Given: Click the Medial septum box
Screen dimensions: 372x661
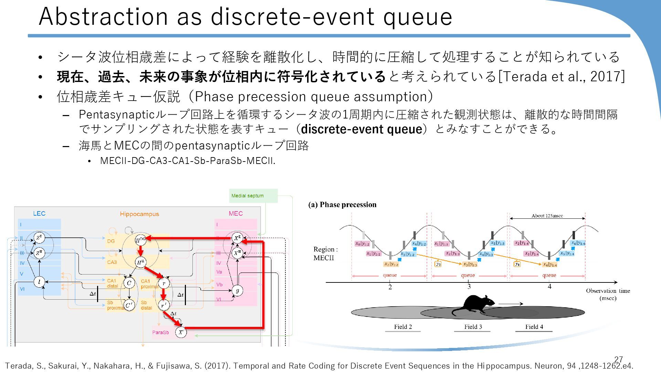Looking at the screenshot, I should (x=253, y=196).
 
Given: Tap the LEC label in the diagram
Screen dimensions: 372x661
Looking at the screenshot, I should (x=39, y=214).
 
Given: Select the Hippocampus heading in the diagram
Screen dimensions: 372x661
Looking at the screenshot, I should (x=139, y=214).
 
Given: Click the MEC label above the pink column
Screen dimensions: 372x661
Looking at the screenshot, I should (x=235, y=214).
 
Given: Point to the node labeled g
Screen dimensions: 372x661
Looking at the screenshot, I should (x=237, y=290).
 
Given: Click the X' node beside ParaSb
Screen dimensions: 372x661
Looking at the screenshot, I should (x=181, y=332).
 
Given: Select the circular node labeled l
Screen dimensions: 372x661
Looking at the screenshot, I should (x=39, y=282).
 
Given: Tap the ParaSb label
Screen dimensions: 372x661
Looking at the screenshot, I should (x=160, y=332).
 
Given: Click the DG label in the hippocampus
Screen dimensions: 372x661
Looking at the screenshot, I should (x=111, y=241).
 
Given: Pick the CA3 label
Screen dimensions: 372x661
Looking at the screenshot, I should (x=112, y=262).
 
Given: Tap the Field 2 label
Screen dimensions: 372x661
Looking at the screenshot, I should (x=403, y=327).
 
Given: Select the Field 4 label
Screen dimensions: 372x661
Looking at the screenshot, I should (x=534, y=327).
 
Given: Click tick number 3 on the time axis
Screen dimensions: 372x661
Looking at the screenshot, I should (x=469, y=287).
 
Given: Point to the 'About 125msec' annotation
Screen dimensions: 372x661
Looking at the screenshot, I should (x=547, y=216).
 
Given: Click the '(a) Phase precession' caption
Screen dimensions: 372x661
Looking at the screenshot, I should (x=342, y=205).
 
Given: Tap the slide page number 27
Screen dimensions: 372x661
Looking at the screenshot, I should (x=618, y=359).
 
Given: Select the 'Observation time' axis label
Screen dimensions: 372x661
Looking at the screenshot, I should (x=608, y=291).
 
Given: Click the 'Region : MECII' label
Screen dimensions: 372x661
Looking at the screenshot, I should (x=325, y=253).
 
